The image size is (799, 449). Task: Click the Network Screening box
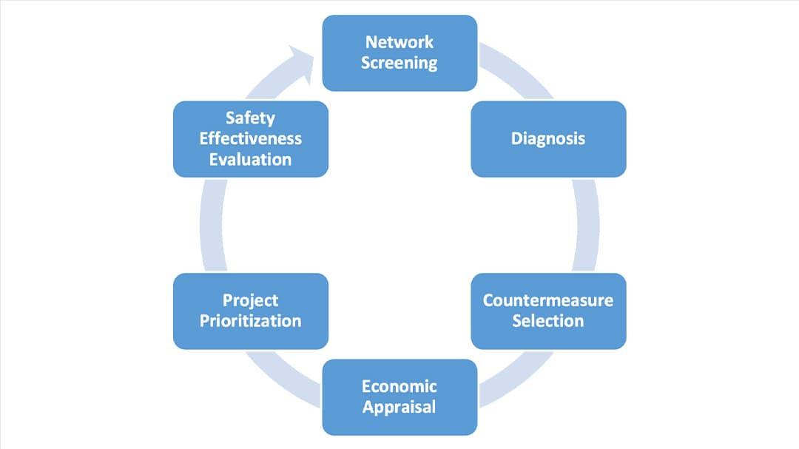point(399,53)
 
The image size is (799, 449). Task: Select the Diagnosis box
point(548,139)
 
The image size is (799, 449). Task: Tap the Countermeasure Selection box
point(548,311)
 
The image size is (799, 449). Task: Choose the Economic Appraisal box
point(399,396)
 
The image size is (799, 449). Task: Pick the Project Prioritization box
point(250,311)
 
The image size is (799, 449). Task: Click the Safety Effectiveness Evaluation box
point(250,139)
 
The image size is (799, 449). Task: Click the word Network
point(399,42)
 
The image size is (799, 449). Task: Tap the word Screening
point(399,64)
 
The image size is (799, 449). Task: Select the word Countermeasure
point(548,300)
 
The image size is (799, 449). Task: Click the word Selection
point(548,321)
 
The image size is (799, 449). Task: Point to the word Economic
point(399,386)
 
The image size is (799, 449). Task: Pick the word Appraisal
point(399,407)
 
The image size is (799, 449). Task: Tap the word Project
point(250,300)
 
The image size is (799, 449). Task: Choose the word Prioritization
point(250,321)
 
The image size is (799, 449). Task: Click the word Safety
point(250,118)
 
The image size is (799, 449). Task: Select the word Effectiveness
point(250,139)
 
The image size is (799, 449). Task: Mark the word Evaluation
point(250,160)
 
